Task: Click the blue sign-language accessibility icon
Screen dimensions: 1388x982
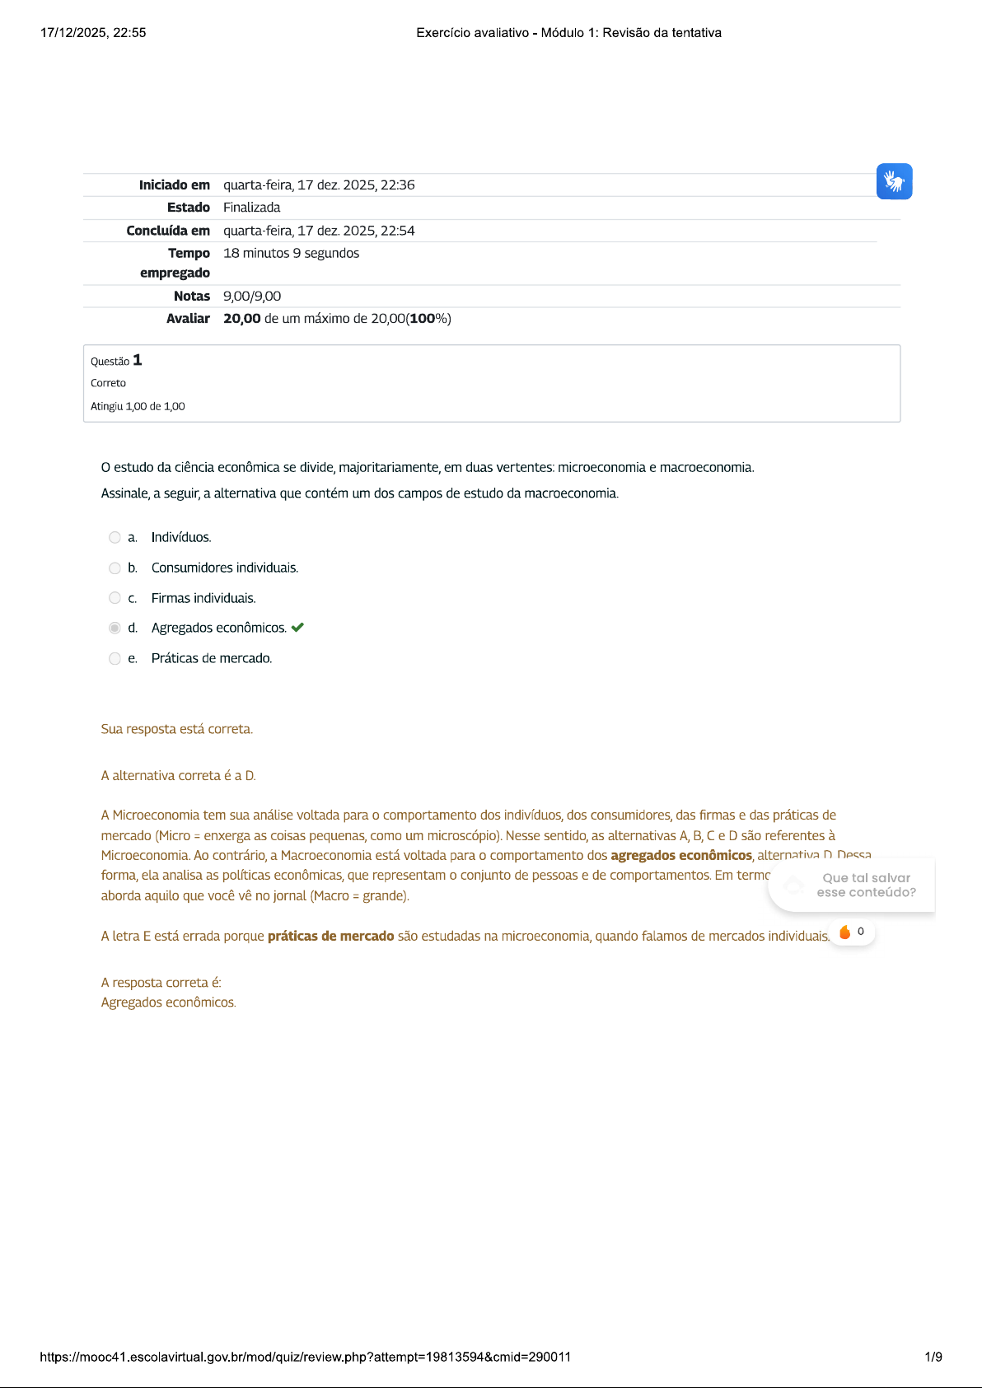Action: pos(894,181)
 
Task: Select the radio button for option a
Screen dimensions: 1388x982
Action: pos(115,538)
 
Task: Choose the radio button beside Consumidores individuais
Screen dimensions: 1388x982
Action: pos(115,568)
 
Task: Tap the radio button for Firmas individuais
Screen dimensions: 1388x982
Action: pos(115,598)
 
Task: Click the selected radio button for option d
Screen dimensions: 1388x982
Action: pos(115,629)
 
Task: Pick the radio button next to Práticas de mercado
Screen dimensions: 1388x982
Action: pos(115,658)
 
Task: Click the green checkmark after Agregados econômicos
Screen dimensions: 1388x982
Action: pos(298,628)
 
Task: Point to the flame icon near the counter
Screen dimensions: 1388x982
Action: pos(844,932)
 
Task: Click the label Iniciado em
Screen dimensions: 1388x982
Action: pos(174,185)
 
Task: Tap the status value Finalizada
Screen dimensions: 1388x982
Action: pos(251,208)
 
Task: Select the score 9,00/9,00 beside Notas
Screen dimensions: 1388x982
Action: pos(252,296)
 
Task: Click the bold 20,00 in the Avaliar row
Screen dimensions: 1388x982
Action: pos(241,319)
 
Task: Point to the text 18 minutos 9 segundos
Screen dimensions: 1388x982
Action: pos(291,253)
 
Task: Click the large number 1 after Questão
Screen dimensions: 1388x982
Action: pos(138,360)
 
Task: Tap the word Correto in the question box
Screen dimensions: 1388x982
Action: pos(108,383)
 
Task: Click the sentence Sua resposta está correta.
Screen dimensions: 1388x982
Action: pos(176,729)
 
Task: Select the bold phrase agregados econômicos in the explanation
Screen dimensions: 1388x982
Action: pos(681,855)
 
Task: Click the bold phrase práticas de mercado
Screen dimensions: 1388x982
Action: pos(330,936)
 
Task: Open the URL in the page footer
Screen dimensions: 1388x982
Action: pos(305,1357)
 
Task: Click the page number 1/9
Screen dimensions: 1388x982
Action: pos(933,1357)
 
